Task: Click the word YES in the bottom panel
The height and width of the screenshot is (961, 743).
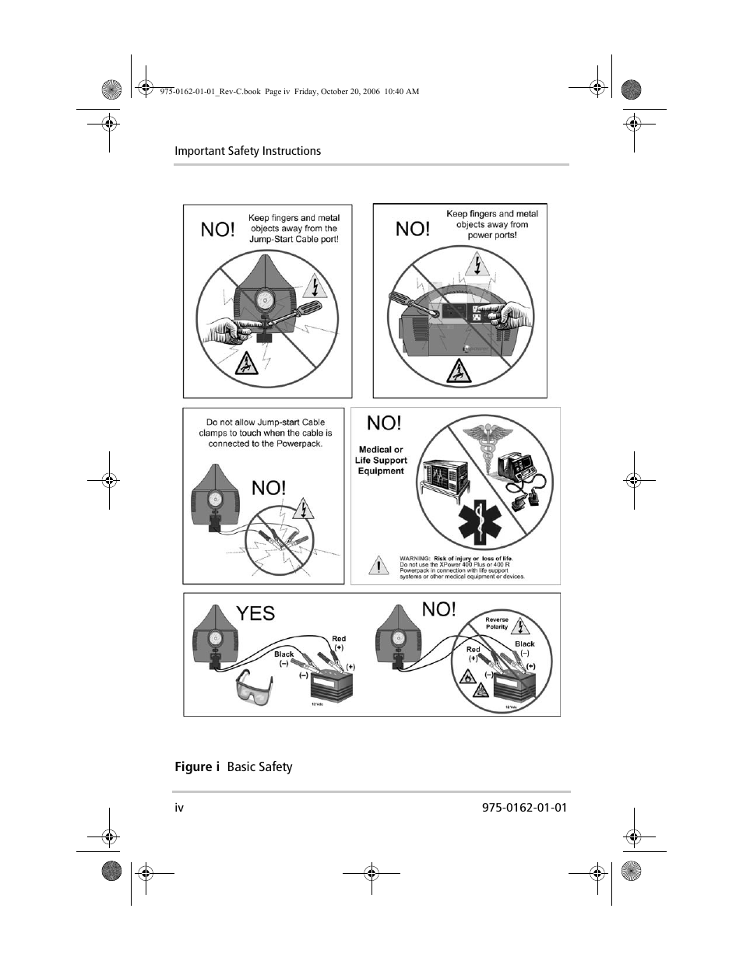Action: [x=255, y=613]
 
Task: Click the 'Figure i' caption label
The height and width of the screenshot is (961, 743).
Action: [x=193, y=766]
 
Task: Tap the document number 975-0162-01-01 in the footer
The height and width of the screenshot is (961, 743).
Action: [x=519, y=807]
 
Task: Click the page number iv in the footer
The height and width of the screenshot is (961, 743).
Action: [x=179, y=807]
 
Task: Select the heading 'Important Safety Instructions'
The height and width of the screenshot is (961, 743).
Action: [x=248, y=151]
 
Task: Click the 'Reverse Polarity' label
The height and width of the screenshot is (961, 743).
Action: [x=497, y=623]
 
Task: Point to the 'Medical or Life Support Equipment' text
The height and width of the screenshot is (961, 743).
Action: [x=381, y=460]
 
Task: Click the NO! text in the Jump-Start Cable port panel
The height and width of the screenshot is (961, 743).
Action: [x=217, y=230]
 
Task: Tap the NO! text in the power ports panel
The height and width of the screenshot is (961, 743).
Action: [x=412, y=229]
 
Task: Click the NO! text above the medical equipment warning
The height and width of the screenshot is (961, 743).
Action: [x=384, y=423]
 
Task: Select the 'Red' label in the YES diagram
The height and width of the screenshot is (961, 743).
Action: [x=339, y=639]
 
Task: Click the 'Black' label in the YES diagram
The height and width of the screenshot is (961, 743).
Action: [x=284, y=654]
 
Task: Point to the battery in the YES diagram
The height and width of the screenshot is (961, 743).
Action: [x=336, y=688]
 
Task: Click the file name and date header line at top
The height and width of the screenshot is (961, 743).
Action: [x=289, y=91]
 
